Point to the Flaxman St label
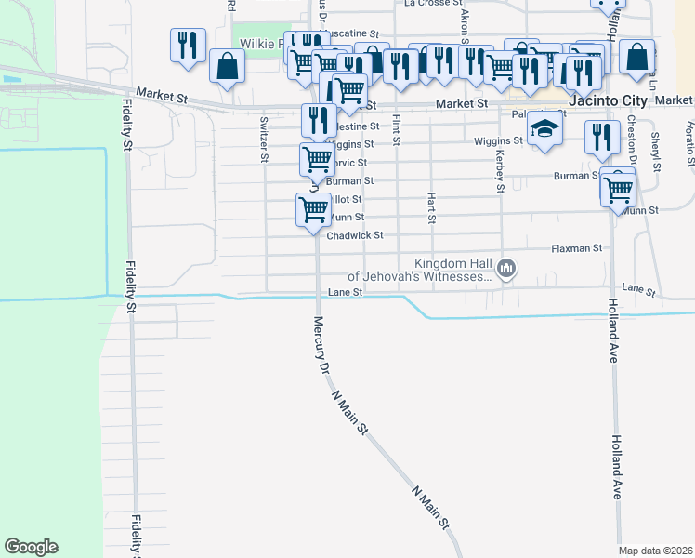[x=577, y=248]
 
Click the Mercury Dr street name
[x=320, y=345]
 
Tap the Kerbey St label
[x=500, y=172]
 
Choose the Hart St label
[x=431, y=208]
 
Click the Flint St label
[x=397, y=129]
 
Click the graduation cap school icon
[x=545, y=129]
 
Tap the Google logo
[x=31, y=547]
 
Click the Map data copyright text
[x=656, y=551]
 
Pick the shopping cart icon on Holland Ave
[x=618, y=190]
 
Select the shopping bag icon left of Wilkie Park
[x=227, y=67]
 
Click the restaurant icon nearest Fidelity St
[x=188, y=46]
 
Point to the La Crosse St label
[x=426, y=4]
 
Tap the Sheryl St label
[x=655, y=144]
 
